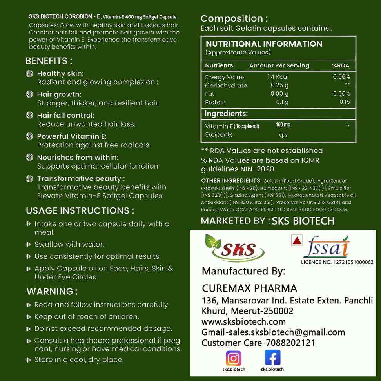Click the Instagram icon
[x=233, y=358]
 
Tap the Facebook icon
[x=272, y=357]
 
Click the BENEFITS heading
[x=49, y=61]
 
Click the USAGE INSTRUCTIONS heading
[x=80, y=210]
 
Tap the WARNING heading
[x=52, y=292]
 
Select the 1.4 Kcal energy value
[x=278, y=77]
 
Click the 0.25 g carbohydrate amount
[x=279, y=85]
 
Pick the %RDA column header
[x=340, y=65]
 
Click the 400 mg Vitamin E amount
[x=283, y=125]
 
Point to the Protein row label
[x=215, y=102]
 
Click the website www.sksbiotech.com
[x=243, y=322]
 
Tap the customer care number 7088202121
[x=290, y=343]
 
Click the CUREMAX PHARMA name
[x=249, y=288]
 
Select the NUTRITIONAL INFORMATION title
[x=264, y=44]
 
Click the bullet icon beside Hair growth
[x=29, y=94]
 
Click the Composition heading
[x=234, y=18]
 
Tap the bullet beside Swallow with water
[x=29, y=245]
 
